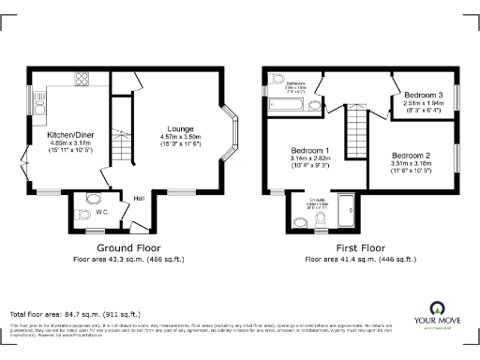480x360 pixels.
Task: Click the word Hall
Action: [x=137, y=198]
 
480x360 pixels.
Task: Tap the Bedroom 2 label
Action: [x=410, y=155]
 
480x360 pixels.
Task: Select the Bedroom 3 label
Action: [x=422, y=95]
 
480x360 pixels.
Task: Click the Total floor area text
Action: [x=74, y=313]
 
